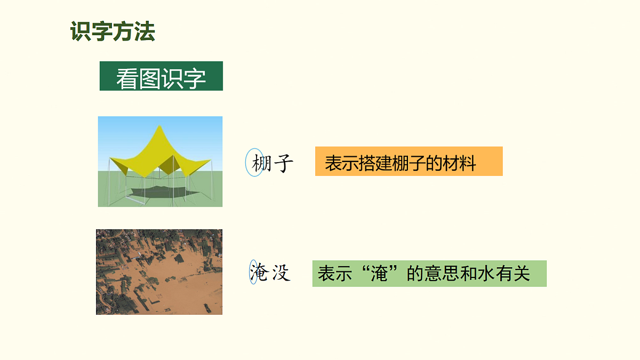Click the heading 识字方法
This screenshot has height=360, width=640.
tap(113, 32)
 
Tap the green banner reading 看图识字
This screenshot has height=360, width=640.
tap(161, 76)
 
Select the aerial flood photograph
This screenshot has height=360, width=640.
tap(159, 272)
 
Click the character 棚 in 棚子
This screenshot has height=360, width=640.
tap(260, 163)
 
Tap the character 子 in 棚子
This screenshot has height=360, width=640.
tap(282, 163)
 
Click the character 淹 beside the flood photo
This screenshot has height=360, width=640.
tap(258, 273)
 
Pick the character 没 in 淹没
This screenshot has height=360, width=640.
tap(281, 273)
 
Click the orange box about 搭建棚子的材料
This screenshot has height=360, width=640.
tap(409, 161)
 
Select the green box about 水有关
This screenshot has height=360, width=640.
tap(429, 274)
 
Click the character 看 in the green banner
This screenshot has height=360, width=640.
tap(127, 79)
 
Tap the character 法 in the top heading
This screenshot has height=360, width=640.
tap(145, 32)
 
